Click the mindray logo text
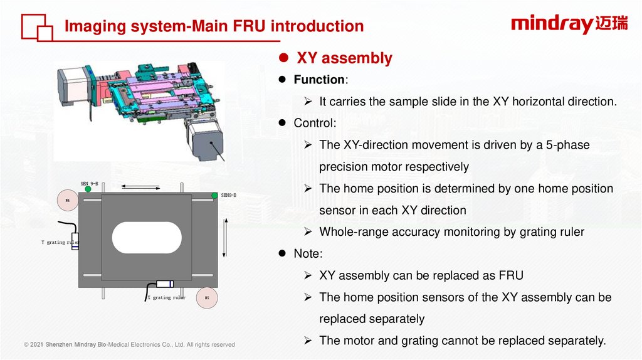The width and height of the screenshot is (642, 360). pos(552,24)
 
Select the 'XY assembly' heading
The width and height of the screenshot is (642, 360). pos(344,58)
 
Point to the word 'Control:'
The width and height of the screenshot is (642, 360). pos(315,123)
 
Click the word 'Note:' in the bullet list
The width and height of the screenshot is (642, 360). pos(308,253)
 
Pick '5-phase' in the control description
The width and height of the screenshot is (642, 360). pos(569,145)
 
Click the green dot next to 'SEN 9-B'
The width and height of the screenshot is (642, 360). pos(88,189)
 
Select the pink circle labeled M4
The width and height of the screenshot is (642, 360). pos(67,201)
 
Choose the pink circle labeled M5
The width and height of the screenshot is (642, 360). pos(207,298)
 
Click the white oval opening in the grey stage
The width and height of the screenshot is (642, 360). pos(147,238)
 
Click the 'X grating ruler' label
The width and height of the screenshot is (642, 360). pos(166,298)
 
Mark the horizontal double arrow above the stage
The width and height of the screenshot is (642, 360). pos(140,186)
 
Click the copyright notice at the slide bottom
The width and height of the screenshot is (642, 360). pos(129,344)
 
